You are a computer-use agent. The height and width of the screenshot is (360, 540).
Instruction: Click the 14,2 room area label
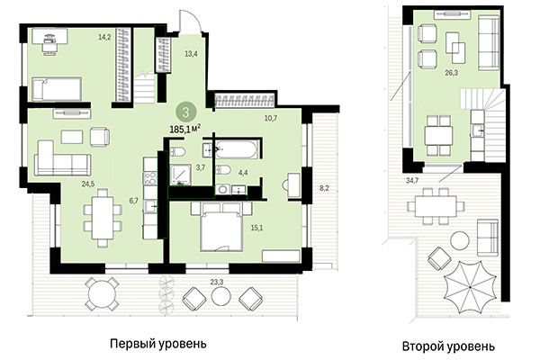[104, 38]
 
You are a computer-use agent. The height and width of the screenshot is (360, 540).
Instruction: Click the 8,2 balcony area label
[324, 190]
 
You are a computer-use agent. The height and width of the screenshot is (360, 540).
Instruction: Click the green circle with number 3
[184, 112]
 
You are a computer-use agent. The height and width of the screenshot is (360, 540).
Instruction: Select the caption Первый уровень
[157, 343]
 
